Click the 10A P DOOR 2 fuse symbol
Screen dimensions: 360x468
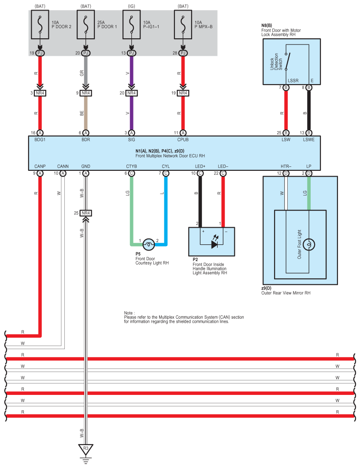40,25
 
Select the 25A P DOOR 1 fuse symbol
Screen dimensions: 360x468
86,25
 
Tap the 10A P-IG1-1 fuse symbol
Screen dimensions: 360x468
131,25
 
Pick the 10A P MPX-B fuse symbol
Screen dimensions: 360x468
183,25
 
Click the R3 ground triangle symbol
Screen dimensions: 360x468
86,449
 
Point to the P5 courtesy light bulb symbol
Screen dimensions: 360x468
149,245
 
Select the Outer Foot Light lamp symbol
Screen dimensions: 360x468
309,244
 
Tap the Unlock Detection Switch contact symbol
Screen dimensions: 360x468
288,62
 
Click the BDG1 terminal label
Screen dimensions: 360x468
40,140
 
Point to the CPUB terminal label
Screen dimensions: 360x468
183,140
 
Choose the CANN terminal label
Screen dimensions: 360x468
63,166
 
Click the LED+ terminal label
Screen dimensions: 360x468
200,166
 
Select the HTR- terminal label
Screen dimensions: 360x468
286,166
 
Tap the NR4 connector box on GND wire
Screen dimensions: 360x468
86,213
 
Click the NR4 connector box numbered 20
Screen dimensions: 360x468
131,93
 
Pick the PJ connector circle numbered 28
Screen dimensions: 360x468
183,53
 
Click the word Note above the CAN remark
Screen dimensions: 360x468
129,313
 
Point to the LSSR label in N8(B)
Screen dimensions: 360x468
293,81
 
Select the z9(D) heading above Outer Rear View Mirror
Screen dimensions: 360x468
266,288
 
